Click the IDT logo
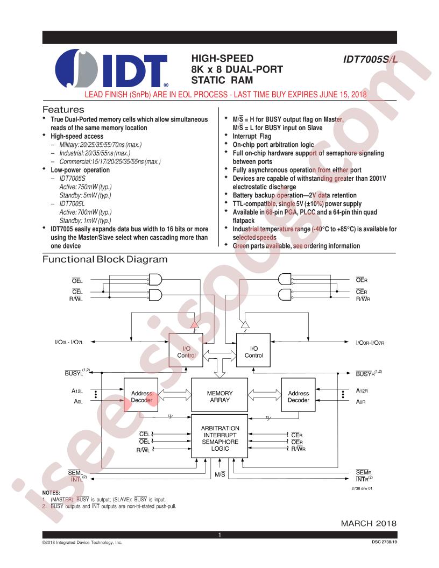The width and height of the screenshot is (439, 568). tap(111, 68)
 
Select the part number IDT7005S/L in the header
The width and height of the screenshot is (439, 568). tap(370, 59)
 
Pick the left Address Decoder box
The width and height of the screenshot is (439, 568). tap(141, 395)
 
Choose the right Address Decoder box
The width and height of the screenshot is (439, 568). tap(298, 395)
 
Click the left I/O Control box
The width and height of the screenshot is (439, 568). tap(186, 350)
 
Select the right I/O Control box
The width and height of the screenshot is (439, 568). tap(253, 350)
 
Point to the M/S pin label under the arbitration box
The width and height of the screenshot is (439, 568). tap(220, 474)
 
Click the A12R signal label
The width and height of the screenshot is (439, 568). tap(362, 390)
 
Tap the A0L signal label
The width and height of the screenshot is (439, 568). tap(78, 401)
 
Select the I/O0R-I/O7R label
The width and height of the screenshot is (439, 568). tap(370, 343)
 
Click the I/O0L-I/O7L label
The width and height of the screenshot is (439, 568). tap(69, 342)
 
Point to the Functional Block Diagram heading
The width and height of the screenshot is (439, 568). tap(105, 259)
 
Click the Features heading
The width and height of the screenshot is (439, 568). tap(63, 109)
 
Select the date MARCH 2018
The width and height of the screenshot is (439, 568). tap(369, 523)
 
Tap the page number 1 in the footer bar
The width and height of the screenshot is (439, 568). tap(219, 535)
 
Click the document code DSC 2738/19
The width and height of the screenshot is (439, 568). tap(384, 542)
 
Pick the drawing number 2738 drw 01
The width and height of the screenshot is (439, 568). tap(362, 488)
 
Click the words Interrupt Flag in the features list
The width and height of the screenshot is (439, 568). tap(252, 136)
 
